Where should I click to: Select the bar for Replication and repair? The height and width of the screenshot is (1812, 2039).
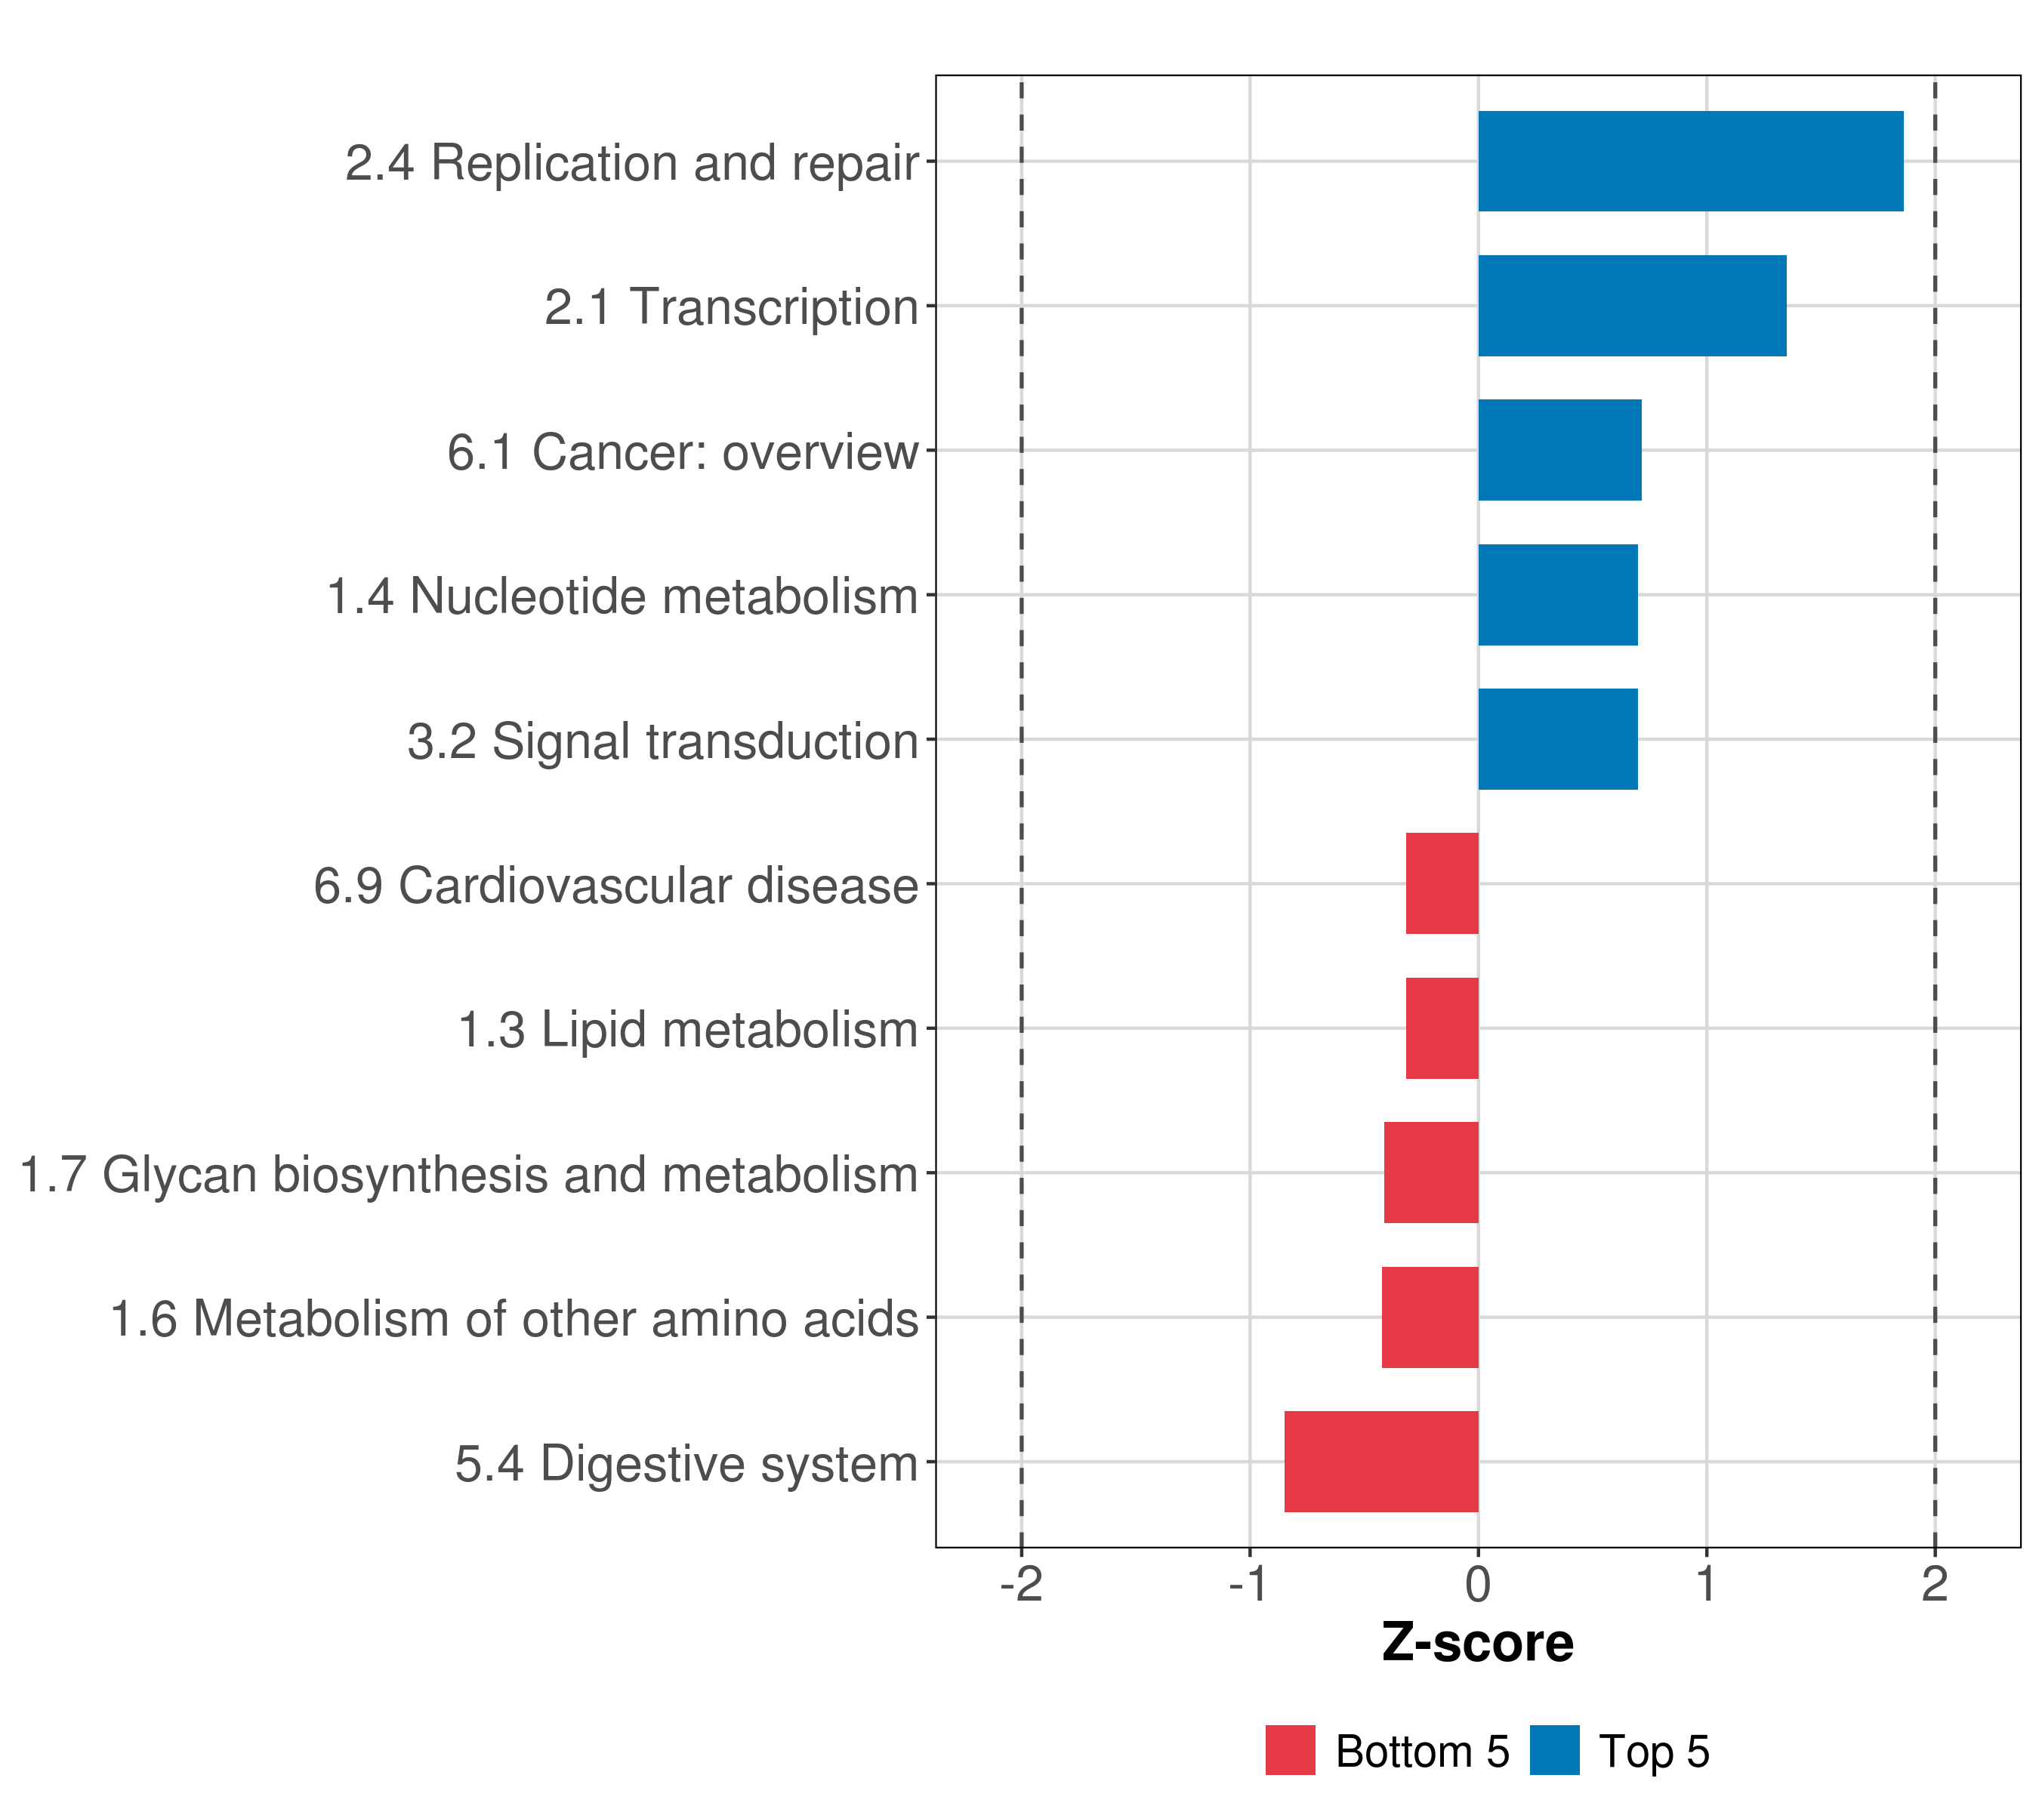click(1690, 162)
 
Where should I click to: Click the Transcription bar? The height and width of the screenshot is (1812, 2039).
click(1632, 307)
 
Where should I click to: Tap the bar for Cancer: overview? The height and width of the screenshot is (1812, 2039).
click(1559, 450)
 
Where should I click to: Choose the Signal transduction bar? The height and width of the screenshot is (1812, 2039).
click(1557, 739)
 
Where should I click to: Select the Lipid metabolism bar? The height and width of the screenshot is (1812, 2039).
click(1442, 1028)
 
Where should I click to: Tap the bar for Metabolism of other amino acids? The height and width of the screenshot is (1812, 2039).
click(1430, 1317)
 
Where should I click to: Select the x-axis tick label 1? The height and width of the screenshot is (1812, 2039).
click(1706, 1585)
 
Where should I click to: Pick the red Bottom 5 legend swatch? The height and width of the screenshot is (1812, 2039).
click(1290, 1751)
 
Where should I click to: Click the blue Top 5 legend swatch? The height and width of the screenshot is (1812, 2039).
click(1554, 1751)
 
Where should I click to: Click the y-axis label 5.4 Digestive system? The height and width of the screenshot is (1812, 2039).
click(686, 1464)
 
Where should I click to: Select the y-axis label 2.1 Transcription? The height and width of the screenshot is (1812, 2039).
click(731, 307)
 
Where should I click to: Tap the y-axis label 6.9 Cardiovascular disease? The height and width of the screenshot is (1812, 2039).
click(615, 886)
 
